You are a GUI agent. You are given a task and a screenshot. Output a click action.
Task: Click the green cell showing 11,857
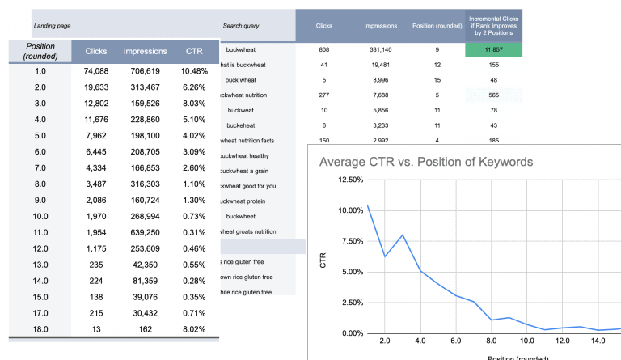pos(495,49)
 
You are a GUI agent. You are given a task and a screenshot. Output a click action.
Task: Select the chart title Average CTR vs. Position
pos(426,162)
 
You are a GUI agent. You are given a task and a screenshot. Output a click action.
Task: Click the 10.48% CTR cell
pos(195,71)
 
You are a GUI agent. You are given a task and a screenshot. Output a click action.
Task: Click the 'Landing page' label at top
pos(52,27)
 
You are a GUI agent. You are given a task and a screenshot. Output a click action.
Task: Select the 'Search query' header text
pos(240,26)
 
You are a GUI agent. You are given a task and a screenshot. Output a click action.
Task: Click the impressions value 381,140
pos(379,49)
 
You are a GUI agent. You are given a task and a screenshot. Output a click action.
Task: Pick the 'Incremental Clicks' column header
pos(495,25)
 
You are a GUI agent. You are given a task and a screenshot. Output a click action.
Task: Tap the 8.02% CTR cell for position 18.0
pos(195,330)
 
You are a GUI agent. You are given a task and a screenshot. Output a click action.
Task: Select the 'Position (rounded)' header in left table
pos(40,52)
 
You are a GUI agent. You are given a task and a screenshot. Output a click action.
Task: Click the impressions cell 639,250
pos(146,231)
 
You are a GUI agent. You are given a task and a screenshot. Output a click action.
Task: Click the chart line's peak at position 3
pos(401,235)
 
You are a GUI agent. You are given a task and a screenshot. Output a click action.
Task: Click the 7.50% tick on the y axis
pos(340,241)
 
